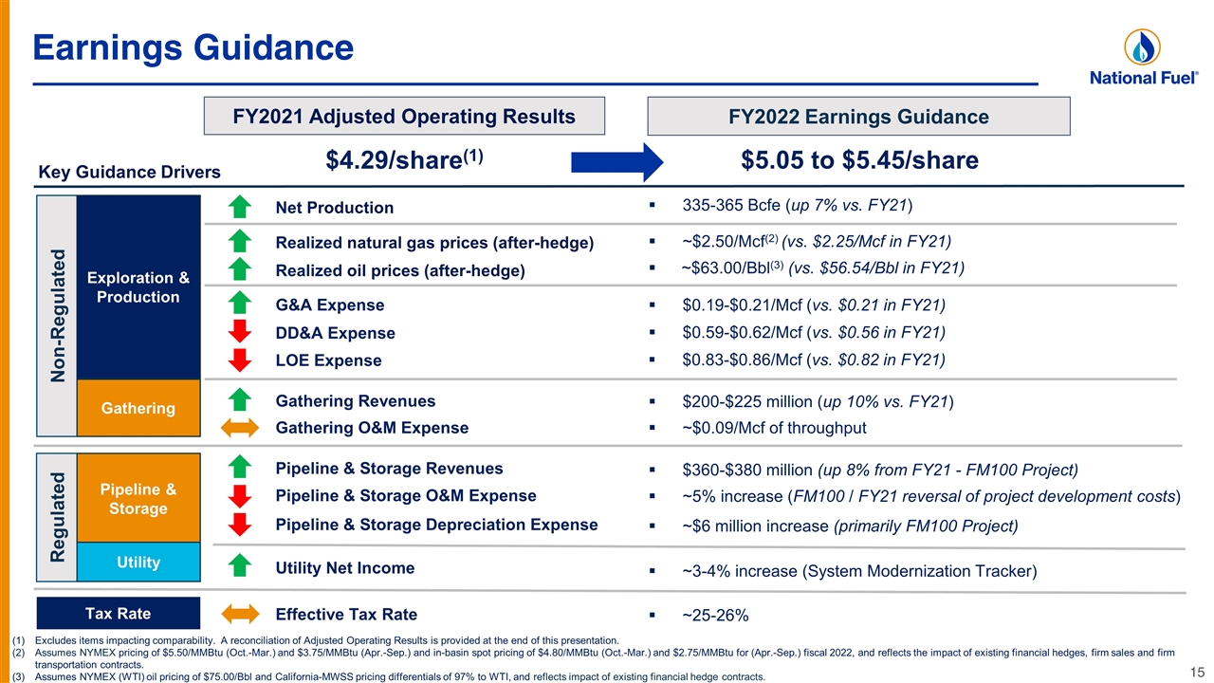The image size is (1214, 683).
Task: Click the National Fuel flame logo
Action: [1142, 47]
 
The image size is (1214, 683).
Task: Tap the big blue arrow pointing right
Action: [617, 162]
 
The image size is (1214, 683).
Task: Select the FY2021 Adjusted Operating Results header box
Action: [404, 116]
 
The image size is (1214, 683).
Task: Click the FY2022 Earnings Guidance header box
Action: [858, 116]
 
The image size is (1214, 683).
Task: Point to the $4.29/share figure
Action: [404, 159]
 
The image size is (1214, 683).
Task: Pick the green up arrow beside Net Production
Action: [240, 207]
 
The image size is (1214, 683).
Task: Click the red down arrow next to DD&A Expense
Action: [240, 331]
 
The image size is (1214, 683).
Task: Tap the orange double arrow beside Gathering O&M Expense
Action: [240, 428]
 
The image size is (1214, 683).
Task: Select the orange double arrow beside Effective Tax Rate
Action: [240, 614]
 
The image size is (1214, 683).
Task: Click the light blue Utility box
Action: [138, 562]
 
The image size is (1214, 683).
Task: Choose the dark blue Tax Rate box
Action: [119, 613]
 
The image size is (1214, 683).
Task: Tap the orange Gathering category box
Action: [138, 408]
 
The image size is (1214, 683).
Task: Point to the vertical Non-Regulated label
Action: [58, 316]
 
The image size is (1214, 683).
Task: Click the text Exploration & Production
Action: [138, 287]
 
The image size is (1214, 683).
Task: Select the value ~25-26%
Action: [715, 616]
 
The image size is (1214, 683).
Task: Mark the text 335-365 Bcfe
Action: [734, 205]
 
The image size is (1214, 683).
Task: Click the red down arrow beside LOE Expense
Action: [240, 360]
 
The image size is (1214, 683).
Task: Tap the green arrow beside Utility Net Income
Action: [240, 565]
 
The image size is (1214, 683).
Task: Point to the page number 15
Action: [1197, 673]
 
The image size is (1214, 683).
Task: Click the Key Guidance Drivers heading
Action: [130, 172]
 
